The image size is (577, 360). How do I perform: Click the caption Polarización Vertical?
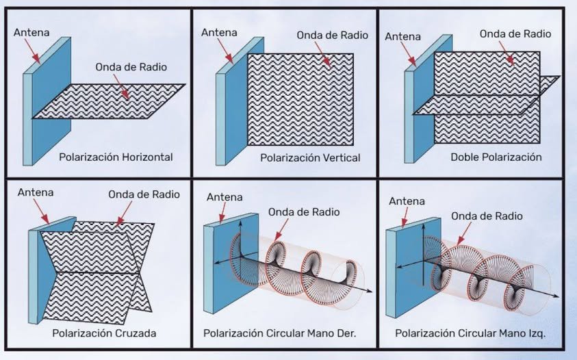coord(310,157)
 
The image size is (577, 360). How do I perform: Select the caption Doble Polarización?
coord(496,157)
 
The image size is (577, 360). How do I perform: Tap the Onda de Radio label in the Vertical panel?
coord(325,35)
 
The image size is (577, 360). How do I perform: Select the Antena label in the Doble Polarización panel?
coord(403,36)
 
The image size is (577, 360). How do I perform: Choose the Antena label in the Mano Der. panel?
coord(224,197)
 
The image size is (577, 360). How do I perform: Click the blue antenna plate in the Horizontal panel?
coord(51,103)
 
